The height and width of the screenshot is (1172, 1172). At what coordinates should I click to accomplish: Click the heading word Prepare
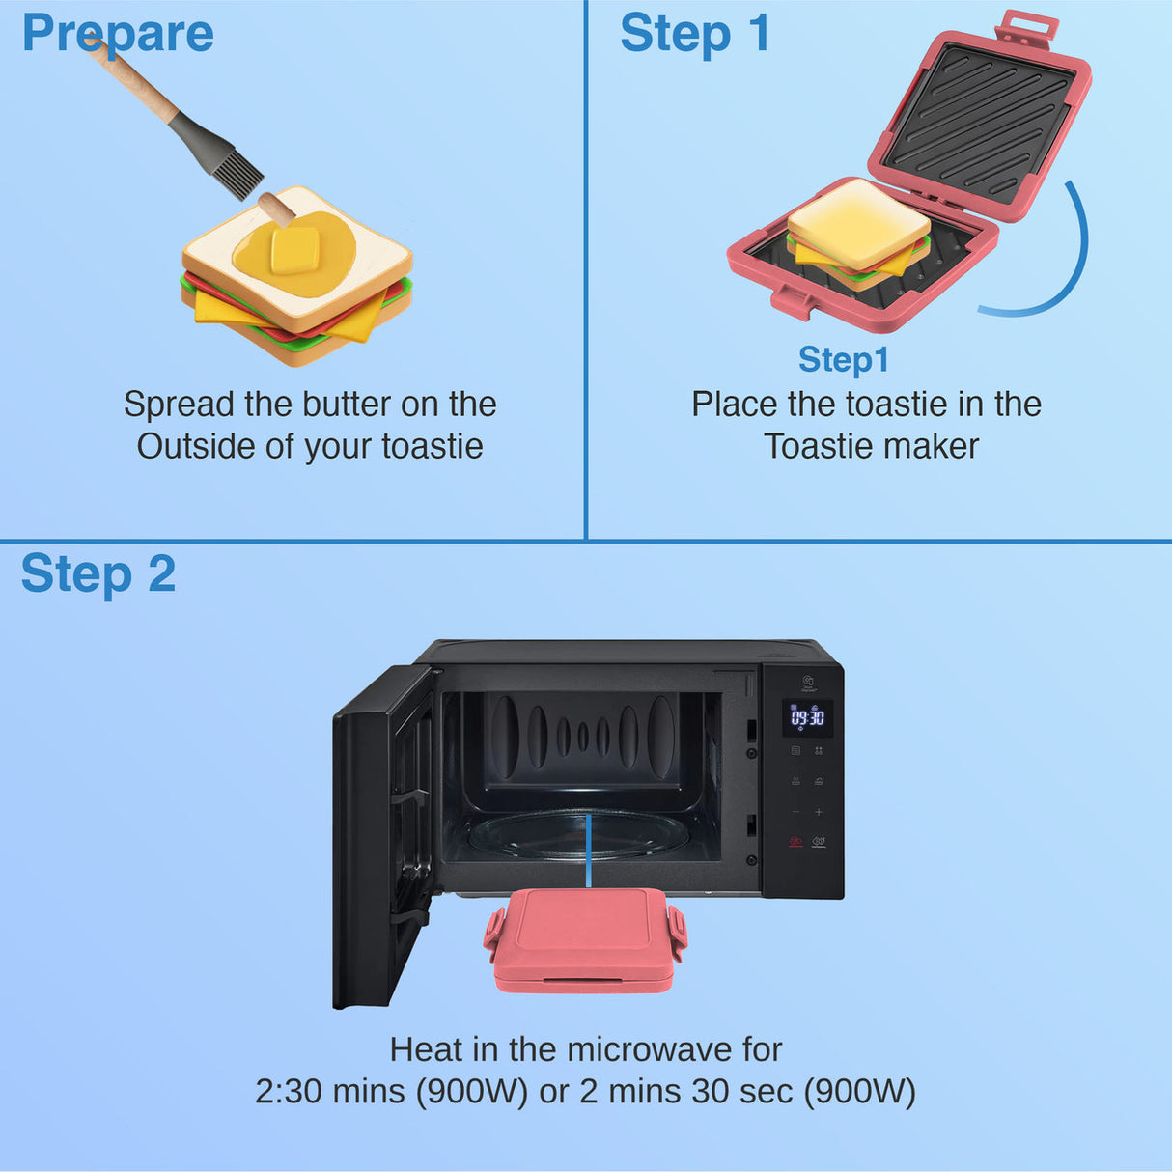pos(118,34)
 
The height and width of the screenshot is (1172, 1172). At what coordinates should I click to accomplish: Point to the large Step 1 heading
pos(695,34)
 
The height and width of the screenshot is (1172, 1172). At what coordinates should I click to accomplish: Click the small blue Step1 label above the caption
pos(843,360)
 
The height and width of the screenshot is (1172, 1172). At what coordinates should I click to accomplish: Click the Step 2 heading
pos(98,574)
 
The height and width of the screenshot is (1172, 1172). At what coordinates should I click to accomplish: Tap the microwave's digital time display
pos(807,717)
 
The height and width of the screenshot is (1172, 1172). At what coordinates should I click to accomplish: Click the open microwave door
pos(382,835)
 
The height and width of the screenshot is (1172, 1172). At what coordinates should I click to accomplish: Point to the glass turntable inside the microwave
pos(579,836)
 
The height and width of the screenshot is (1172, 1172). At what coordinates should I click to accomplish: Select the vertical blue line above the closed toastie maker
pos(588,850)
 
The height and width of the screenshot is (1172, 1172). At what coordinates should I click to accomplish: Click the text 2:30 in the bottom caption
pos(289,1092)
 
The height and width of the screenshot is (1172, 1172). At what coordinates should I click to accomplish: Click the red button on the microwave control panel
pos(795,842)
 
